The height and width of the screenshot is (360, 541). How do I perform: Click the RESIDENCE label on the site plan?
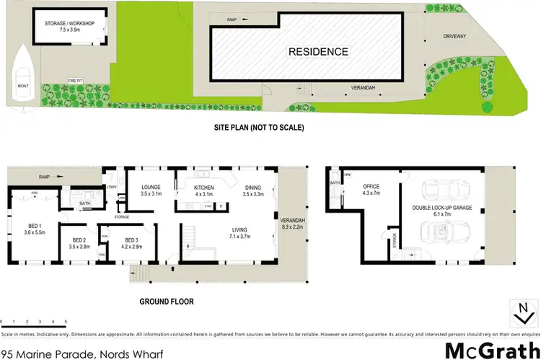318,52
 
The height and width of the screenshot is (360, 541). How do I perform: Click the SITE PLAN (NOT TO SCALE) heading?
258,128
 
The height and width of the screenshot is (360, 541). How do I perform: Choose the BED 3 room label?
131,243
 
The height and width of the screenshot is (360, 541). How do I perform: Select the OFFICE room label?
371,190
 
